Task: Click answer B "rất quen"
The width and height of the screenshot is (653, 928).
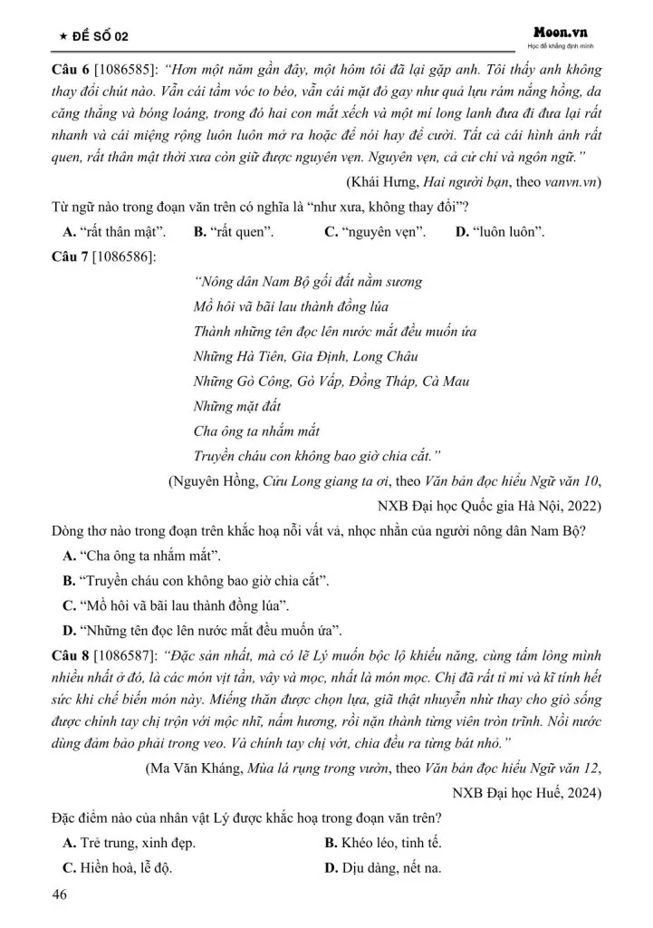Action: coord(235,232)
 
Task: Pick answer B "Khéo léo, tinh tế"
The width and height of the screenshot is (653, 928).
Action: coord(383,843)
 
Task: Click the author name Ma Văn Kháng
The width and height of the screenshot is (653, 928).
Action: coord(197,768)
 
